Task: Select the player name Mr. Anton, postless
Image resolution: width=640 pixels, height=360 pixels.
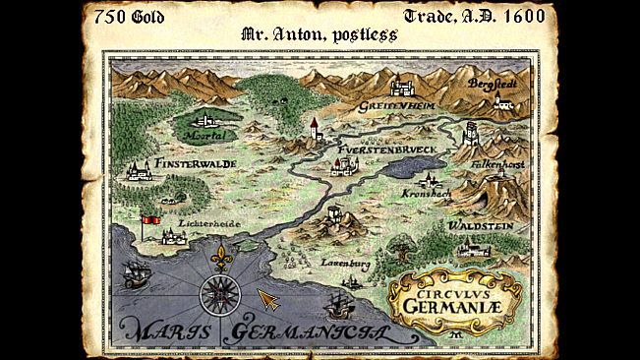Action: click(319, 34)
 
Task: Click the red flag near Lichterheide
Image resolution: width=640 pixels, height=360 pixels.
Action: click(150, 222)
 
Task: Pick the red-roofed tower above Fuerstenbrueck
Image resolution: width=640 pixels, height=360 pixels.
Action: click(315, 129)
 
